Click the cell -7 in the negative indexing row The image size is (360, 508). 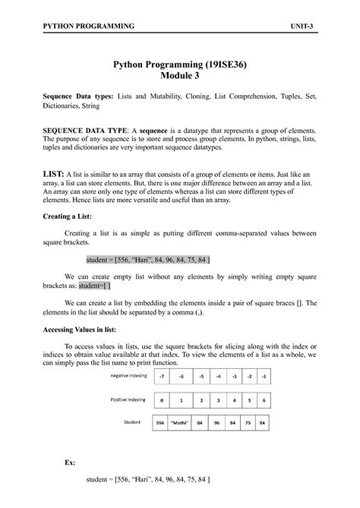(160, 375)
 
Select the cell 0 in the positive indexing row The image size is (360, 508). (160, 399)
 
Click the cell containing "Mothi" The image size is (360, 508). (181, 423)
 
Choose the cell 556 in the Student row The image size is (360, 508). (160, 423)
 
